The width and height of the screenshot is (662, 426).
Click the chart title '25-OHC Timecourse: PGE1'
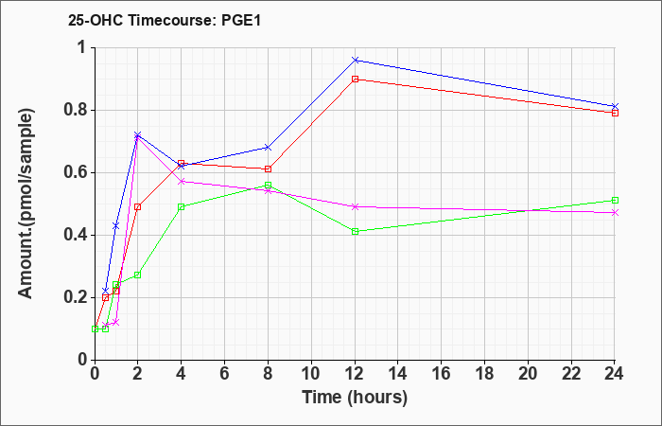tap(165, 21)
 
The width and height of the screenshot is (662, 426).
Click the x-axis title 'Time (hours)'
tap(355, 398)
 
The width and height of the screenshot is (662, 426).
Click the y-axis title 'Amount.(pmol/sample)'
tap(26, 204)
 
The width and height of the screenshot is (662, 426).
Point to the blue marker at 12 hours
tap(355, 60)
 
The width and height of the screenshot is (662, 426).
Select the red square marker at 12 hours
tap(355, 79)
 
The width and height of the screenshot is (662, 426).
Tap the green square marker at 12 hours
tap(355, 232)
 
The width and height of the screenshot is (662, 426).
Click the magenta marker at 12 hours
tap(355, 206)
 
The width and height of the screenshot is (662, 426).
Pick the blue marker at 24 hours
tap(615, 106)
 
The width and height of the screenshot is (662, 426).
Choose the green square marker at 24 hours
tap(615, 201)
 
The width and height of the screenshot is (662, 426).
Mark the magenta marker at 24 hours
tap(615, 213)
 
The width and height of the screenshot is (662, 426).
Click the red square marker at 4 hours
tap(182, 163)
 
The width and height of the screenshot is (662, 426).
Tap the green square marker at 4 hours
tap(182, 206)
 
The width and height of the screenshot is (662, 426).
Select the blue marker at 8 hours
tap(268, 148)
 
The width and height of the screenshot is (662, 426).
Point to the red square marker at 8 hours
tap(268, 169)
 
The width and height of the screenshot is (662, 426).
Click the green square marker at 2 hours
tap(137, 275)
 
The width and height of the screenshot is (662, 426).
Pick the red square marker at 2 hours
tap(137, 206)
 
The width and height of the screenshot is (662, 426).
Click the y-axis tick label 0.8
tap(76, 110)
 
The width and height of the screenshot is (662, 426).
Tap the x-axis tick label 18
tap(484, 374)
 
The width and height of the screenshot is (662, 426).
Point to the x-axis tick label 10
tap(311, 374)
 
